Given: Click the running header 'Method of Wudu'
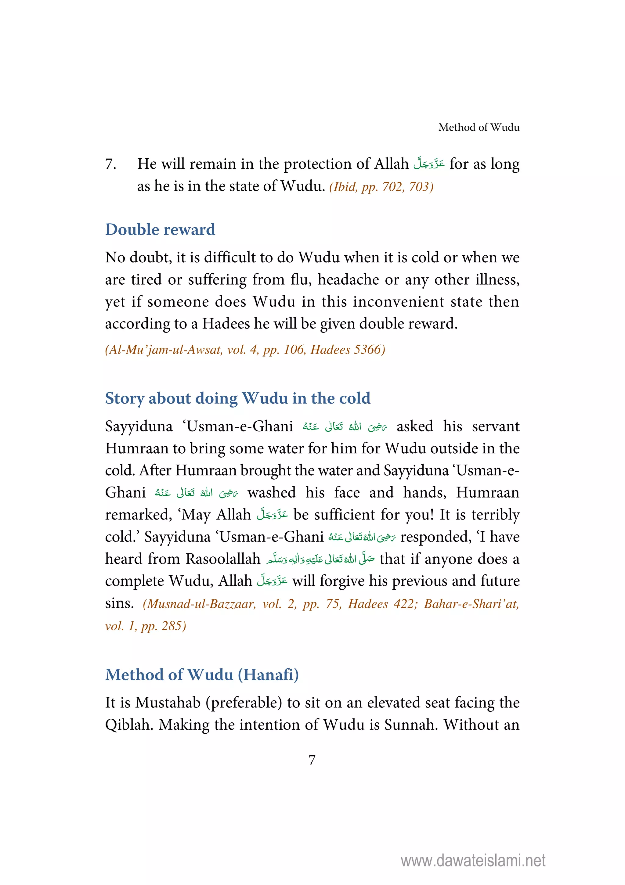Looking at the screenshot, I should click(479, 127).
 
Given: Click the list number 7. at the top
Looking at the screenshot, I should click(111, 164).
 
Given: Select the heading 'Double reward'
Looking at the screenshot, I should click(160, 230).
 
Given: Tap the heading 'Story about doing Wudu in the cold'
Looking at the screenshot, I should click(237, 398).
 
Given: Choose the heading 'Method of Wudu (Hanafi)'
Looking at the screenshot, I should click(202, 675).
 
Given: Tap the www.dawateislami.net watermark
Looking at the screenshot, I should click(473, 860).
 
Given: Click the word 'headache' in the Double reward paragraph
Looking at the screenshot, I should click(348, 280).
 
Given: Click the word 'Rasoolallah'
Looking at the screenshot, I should click(223, 559).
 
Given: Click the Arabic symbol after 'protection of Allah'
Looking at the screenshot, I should click(429, 164).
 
